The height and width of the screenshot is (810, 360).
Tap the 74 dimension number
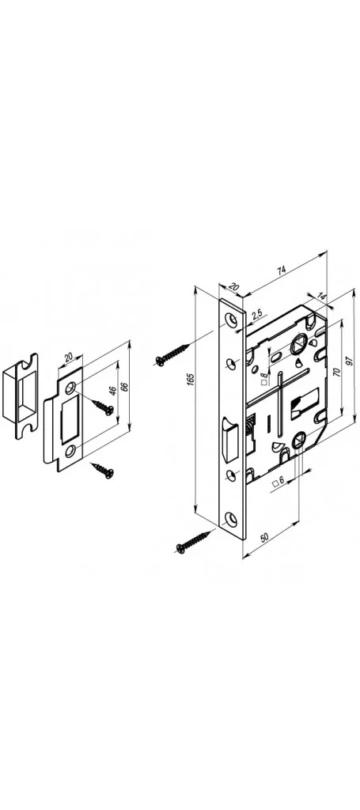(x=281, y=270)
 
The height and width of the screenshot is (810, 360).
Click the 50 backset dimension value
(x=265, y=537)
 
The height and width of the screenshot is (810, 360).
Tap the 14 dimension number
(x=322, y=297)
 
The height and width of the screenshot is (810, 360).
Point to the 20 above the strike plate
(x=70, y=358)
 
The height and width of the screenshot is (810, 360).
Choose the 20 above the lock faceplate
(x=233, y=286)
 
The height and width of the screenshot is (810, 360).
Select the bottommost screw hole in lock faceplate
(x=232, y=518)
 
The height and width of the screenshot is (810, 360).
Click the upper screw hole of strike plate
(x=70, y=385)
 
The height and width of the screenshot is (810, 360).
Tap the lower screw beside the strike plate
(x=103, y=470)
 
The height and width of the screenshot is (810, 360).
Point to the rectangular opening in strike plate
(x=70, y=418)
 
